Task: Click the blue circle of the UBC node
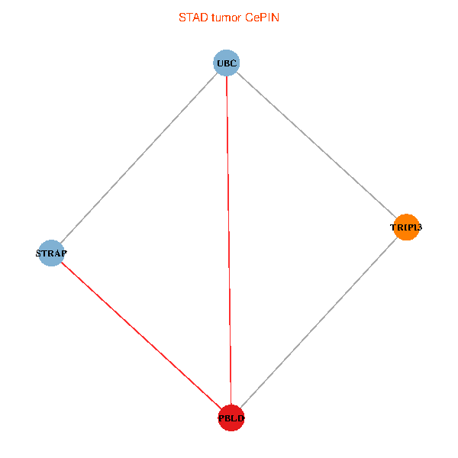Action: click(x=227, y=63)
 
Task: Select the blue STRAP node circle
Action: click(x=50, y=253)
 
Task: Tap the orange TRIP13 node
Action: click(x=406, y=227)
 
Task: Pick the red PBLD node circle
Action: click(x=231, y=418)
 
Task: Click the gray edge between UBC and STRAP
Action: click(x=138, y=158)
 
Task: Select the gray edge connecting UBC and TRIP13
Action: click(x=317, y=145)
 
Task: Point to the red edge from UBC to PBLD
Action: click(x=229, y=240)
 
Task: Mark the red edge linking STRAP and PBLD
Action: click(x=140, y=335)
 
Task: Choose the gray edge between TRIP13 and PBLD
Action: click(x=319, y=323)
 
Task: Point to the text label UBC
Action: click(x=227, y=63)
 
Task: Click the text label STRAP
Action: click(x=52, y=253)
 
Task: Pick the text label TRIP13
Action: click(x=406, y=227)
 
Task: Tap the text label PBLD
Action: click(x=231, y=418)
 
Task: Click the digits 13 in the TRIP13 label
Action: click(x=418, y=227)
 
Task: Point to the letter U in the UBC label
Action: click(x=220, y=63)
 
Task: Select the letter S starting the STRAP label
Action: click(x=40, y=253)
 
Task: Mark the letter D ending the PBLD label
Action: click(x=241, y=418)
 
